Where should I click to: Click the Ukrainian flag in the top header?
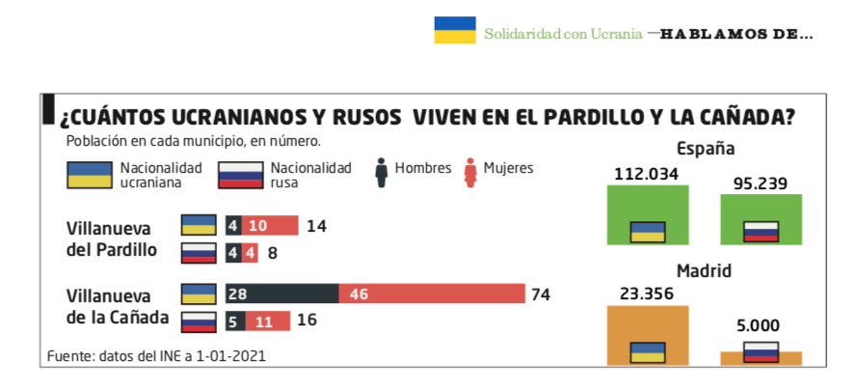pos(455,30)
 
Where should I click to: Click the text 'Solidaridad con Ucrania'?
pos(563,34)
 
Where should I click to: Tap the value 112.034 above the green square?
pos(646,174)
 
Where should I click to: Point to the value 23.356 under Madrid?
pos(646,294)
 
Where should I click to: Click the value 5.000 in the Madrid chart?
pos(758,325)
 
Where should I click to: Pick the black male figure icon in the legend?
pos(382,173)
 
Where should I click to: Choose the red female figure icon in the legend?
pos(470,173)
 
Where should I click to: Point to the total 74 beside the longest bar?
pos(540,294)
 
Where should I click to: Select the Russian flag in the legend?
pos(240,175)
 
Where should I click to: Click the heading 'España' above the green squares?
pos(706,149)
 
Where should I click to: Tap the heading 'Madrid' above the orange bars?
pos(704,271)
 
